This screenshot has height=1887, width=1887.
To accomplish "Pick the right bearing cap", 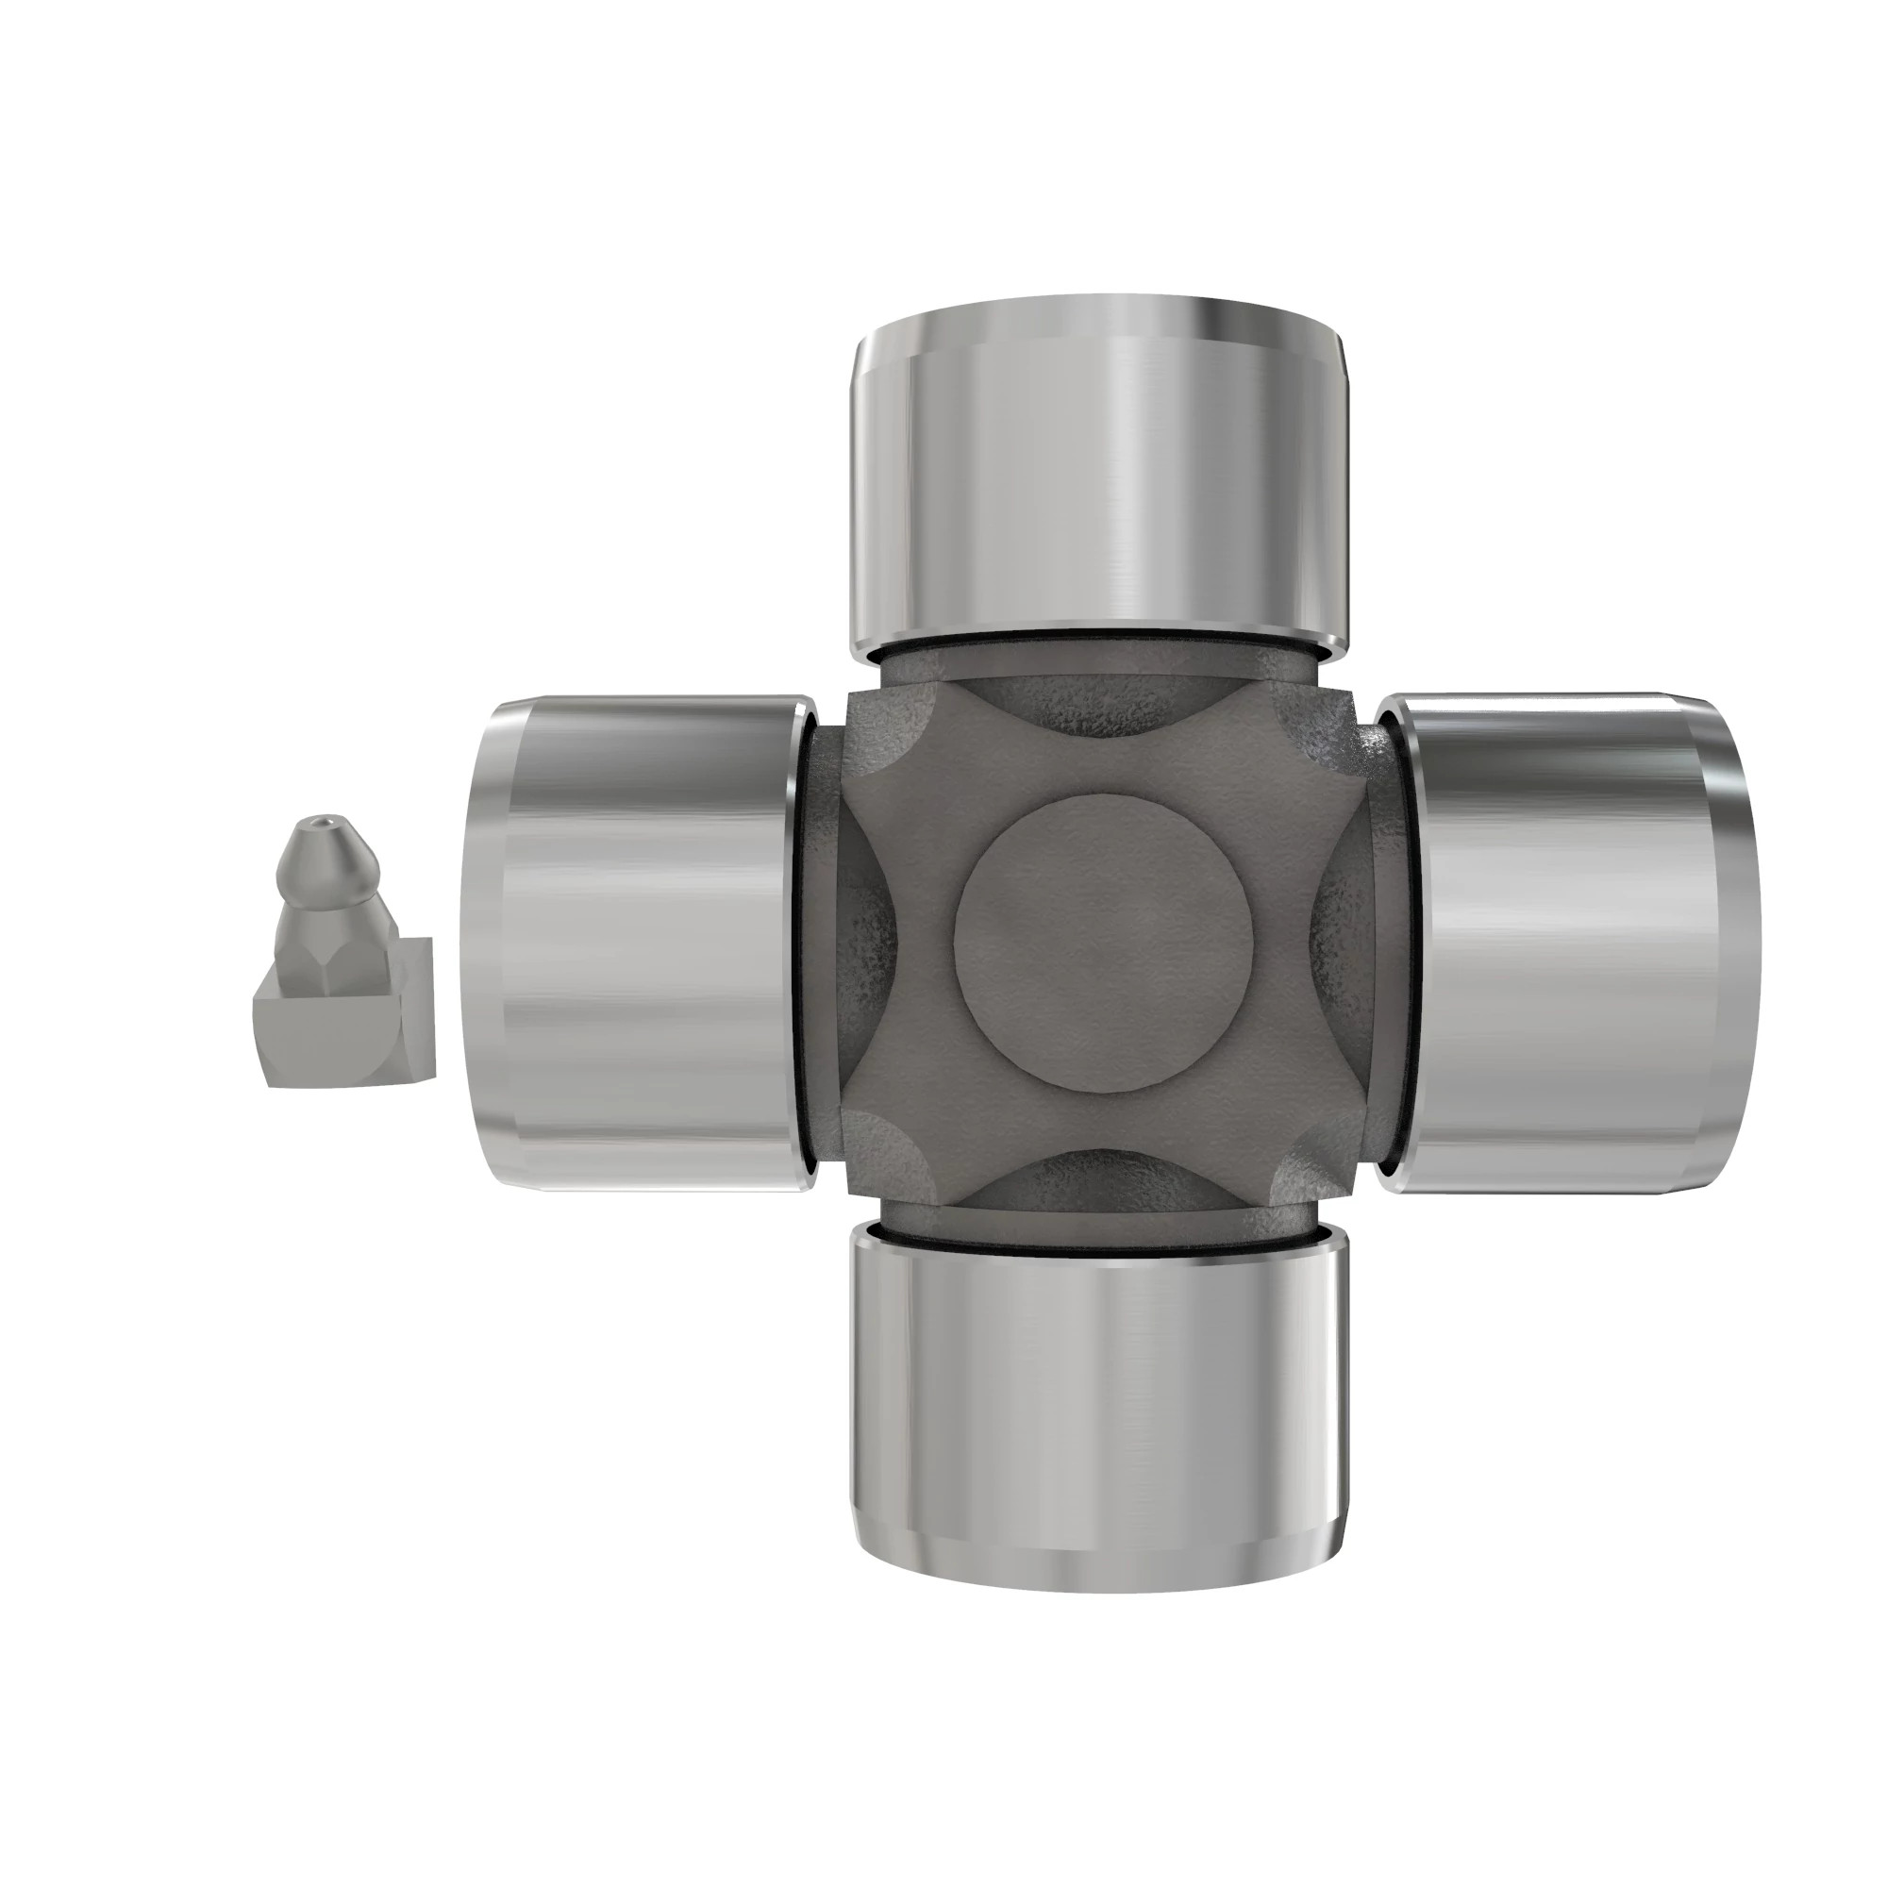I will [1562, 943].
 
